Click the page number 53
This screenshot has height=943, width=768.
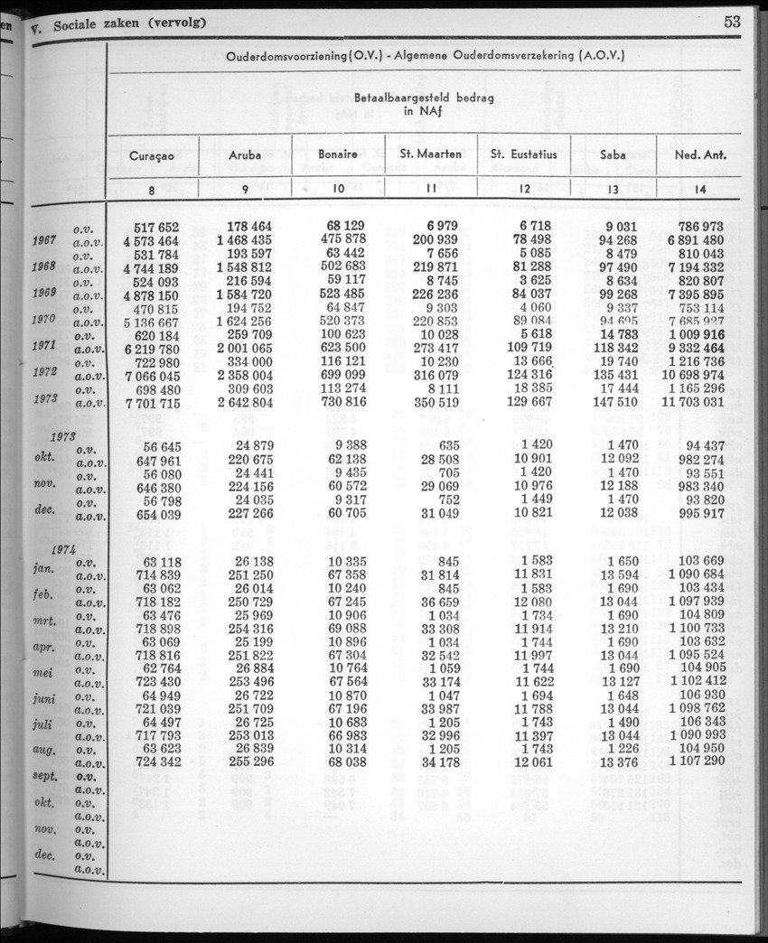(x=732, y=22)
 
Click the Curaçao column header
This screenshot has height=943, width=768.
(x=152, y=154)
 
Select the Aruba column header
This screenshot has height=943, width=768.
(x=245, y=154)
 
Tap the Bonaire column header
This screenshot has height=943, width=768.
(x=338, y=154)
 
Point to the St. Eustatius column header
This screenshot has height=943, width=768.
(x=524, y=154)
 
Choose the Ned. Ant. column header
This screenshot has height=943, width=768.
(x=701, y=154)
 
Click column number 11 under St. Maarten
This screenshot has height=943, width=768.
(x=431, y=189)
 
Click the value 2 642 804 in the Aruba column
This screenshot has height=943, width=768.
(x=244, y=402)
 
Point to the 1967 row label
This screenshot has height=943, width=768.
(x=43, y=241)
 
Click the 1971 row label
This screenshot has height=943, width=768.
(x=43, y=346)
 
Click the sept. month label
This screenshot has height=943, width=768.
(x=43, y=777)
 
